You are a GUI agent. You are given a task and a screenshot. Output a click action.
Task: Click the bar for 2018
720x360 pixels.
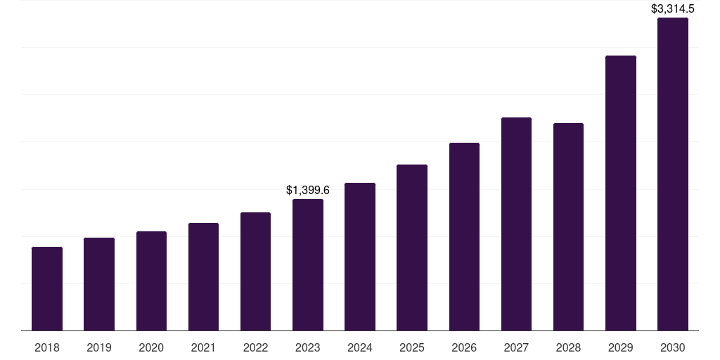47,288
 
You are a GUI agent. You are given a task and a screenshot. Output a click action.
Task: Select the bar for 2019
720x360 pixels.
99,284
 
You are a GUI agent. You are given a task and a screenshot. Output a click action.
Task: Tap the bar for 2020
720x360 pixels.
151,281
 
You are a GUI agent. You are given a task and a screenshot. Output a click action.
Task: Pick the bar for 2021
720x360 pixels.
203,276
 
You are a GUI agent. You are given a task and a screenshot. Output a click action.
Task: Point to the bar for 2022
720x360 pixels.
255,271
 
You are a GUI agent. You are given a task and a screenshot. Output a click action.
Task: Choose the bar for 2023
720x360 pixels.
308,264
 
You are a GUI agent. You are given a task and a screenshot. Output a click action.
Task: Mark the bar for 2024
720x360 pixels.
360,257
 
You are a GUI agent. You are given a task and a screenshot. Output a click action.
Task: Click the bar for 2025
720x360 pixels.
412,247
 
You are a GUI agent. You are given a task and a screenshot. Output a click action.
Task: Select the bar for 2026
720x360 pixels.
464,236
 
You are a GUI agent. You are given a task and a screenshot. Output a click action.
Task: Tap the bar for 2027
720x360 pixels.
516,224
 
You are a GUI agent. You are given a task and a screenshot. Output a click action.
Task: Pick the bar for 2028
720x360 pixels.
568,226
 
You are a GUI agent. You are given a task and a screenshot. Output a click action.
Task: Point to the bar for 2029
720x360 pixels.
621,193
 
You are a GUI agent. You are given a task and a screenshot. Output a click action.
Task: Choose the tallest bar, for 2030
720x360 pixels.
673,174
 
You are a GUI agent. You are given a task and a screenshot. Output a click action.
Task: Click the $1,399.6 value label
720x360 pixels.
308,190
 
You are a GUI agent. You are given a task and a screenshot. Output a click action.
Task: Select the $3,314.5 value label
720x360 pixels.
673,9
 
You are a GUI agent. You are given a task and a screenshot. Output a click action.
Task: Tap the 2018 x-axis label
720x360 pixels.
47,347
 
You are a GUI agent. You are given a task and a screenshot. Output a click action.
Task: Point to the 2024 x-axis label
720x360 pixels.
360,347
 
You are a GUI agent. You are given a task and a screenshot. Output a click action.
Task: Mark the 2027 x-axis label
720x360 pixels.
516,347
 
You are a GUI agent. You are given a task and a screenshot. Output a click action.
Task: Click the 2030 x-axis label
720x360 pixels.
673,347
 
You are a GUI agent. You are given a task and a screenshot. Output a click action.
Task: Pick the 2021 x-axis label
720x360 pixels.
203,347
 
